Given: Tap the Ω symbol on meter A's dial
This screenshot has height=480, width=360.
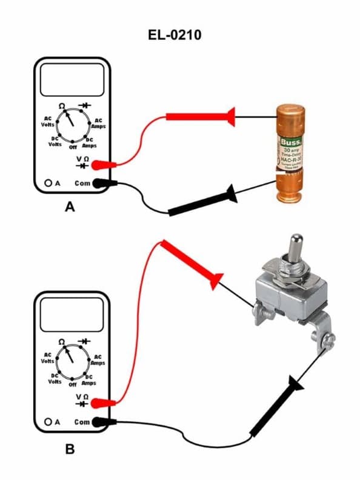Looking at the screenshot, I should coord(62,106).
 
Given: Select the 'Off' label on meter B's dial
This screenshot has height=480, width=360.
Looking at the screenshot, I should coord(72,384).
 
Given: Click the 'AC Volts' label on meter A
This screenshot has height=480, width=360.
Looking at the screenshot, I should coord(48,121).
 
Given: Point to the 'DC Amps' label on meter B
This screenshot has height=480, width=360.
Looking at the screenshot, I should coord(89,380).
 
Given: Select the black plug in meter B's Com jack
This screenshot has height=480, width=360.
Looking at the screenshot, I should coord(105,422).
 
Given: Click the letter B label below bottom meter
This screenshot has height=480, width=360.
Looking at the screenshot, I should coord(70,449).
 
